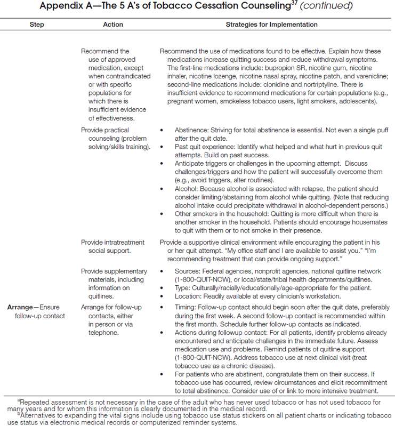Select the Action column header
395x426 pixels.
112,25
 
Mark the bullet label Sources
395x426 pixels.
188,271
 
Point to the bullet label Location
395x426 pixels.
189,296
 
